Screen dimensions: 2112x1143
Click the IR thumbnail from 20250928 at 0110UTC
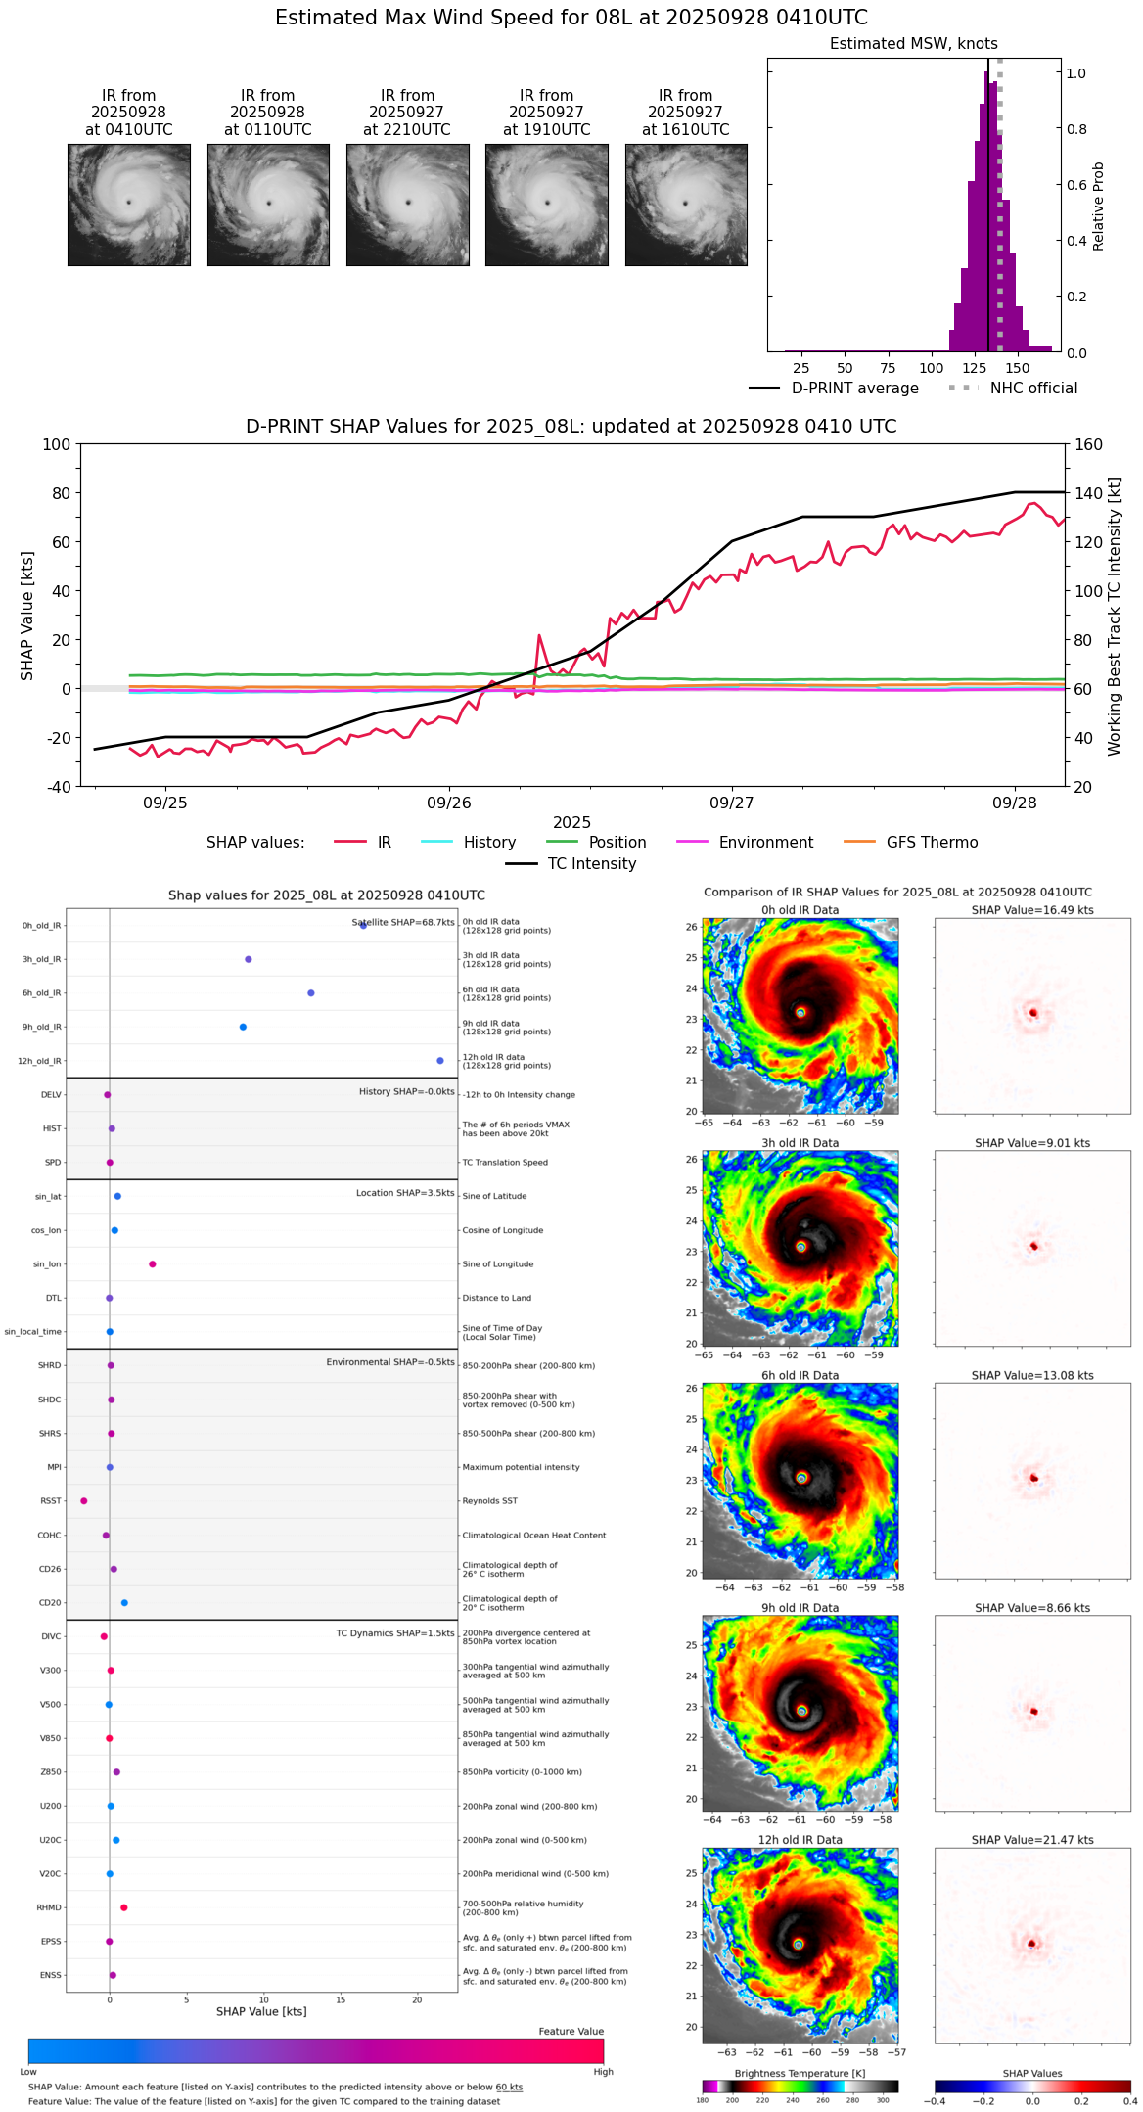coord(268,205)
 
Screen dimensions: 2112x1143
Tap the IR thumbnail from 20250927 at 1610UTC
coord(686,205)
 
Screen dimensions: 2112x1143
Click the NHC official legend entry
coord(1033,389)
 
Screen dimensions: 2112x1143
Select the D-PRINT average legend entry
coord(854,389)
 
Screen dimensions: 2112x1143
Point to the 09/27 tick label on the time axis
coord(732,803)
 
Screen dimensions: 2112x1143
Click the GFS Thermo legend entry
coord(932,843)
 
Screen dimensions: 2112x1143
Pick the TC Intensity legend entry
coord(591,864)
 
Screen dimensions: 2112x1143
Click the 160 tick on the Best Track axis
coord(1089,444)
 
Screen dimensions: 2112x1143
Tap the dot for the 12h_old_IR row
coord(440,1061)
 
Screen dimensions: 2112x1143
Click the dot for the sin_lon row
coord(153,1264)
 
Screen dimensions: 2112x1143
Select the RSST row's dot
coord(84,1501)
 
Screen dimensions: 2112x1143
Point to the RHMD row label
coord(50,1907)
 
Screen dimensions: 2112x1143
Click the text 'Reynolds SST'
coord(489,1501)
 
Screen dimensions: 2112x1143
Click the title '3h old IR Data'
coord(800,1143)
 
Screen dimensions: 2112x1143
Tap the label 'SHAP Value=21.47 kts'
coord(1032,1840)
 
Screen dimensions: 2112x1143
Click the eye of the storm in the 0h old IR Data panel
coord(800,1013)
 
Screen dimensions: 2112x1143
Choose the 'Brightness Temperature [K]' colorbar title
coord(800,2073)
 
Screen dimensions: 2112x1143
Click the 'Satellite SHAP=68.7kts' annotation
coord(403,923)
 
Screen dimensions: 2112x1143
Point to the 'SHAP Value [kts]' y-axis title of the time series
coord(27,616)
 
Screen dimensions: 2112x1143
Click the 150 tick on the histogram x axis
coord(1018,369)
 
